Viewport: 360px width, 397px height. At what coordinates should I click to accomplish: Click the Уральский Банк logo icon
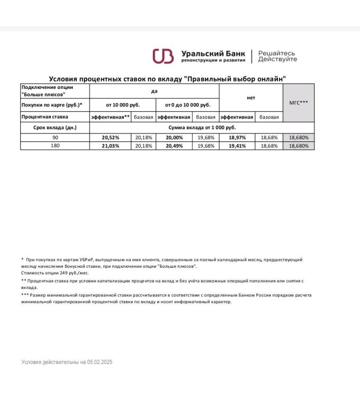[x=163, y=56]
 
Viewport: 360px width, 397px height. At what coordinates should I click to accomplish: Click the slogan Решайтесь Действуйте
[x=277, y=56]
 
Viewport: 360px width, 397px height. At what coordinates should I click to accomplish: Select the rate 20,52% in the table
[x=111, y=137]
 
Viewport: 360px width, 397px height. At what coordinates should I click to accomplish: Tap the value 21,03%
[x=111, y=146]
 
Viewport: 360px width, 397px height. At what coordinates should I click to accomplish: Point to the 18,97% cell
[x=237, y=137]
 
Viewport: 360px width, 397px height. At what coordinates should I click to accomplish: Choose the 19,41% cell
[x=237, y=146]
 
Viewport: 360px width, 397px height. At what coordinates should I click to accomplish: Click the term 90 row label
[x=55, y=137]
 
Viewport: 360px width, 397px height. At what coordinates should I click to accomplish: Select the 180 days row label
[x=55, y=146]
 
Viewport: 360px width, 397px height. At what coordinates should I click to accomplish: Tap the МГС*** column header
[x=299, y=103]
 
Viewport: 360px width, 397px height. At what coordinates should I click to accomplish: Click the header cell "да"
[x=154, y=91]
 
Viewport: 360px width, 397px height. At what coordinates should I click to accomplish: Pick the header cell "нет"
[x=251, y=98]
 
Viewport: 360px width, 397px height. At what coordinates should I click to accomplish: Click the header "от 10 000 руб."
[x=123, y=105]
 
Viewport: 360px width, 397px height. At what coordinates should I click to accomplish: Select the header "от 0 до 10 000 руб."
[x=187, y=105]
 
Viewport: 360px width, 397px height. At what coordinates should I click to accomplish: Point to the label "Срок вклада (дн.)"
[x=55, y=128]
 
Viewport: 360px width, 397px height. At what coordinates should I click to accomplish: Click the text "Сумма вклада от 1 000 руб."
[x=202, y=128]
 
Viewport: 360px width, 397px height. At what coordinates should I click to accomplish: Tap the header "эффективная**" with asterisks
[x=111, y=116]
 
